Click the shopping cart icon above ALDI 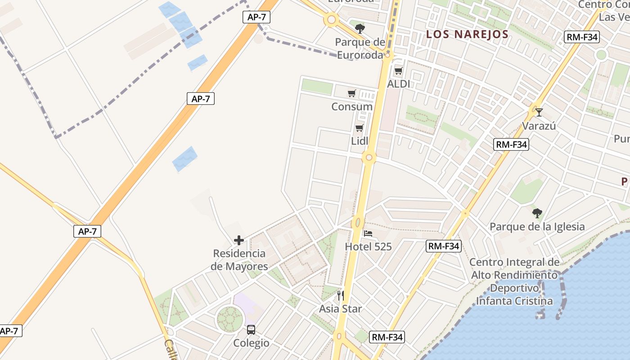pyautogui.click(x=398, y=71)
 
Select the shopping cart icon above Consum pyautogui.click(x=351, y=94)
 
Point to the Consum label pyautogui.click(x=352, y=107)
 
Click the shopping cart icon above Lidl pyautogui.click(x=360, y=128)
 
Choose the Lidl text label pyautogui.click(x=360, y=141)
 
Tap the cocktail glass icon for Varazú pyautogui.click(x=539, y=112)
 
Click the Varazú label pyautogui.click(x=539, y=126)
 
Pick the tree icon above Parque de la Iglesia pyautogui.click(x=537, y=213)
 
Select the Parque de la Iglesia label pyautogui.click(x=537, y=226)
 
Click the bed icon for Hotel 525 pyautogui.click(x=368, y=234)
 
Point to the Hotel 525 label pyautogui.click(x=368, y=247)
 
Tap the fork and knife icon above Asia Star pyautogui.click(x=341, y=296)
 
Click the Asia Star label pyautogui.click(x=341, y=309)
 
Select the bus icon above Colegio pyautogui.click(x=251, y=330)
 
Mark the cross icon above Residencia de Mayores pyautogui.click(x=239, y=240)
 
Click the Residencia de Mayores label pyautogui.click(x=239, y=260)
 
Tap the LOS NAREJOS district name pyautogui.click(x=467, y=34)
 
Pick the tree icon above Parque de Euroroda pyautogui.click(x=360, y=29)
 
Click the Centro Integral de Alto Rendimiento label pyautogui.click(x=514, y=281)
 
